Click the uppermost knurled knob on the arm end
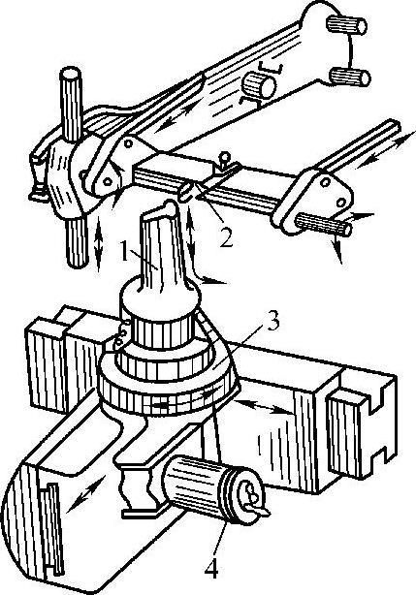point(347,25)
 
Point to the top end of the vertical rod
point(71,72)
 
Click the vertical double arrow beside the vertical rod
point(99,243)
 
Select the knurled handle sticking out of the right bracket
point(323,224)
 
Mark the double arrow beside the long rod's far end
point(386,149)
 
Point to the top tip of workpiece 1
point(170,205)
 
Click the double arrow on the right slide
point(264,406)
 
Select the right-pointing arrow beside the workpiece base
point(212,282)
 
